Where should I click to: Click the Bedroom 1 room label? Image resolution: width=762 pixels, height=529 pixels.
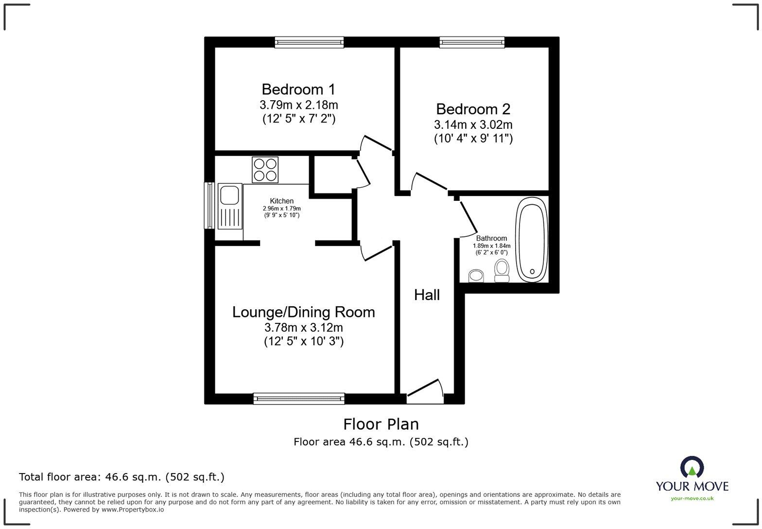pos(298,89)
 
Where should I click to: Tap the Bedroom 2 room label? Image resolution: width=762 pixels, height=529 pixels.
pos(473,109)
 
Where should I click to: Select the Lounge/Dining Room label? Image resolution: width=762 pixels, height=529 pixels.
pos(303,312)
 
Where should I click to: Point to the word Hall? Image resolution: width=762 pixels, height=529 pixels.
pos(427,295)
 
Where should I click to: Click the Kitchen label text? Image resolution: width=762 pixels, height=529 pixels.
pos(281,201)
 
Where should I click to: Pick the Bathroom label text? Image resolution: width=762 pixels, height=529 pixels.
pos(491,238)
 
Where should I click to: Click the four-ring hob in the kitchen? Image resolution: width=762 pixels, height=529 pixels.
pos(265,170)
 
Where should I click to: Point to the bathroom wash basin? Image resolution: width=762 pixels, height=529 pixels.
pos(476,276)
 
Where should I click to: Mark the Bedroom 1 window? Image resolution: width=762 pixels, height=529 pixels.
pos(309,42)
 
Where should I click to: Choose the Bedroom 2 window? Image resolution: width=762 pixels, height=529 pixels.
pos(472,42)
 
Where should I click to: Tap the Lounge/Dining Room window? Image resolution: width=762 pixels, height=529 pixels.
pos(299,399)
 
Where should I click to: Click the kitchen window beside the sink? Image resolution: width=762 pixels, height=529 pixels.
pos(209,205)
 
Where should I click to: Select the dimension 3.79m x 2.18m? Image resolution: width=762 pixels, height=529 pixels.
pos(298,105)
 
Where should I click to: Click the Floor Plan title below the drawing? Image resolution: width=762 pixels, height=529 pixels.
pos(381,424)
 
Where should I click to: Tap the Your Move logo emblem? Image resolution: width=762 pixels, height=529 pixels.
pos(692,467)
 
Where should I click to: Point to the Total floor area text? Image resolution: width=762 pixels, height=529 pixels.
pos(121,477)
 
